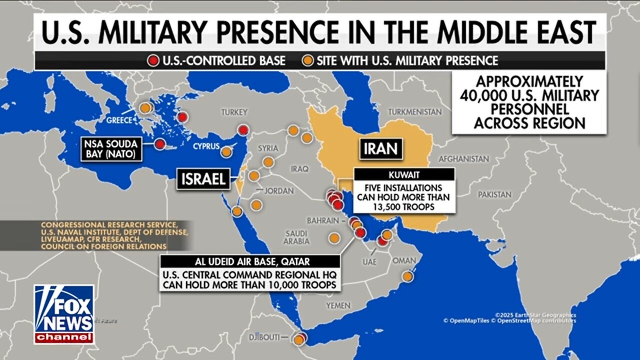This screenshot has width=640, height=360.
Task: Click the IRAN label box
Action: click(x=381, y=148)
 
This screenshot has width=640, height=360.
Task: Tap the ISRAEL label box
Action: click(x=203, y=179)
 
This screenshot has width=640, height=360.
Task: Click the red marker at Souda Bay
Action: click(x=160, y=144)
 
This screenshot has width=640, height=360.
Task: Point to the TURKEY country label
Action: click(x=234, y=113)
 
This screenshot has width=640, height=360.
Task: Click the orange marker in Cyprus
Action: click(x=226, y=152)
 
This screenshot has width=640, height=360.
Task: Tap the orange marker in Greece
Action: click(x=145, y=107)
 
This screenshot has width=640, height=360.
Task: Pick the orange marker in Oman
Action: click(x=408, y=275)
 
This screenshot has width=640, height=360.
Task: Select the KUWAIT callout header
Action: click(x=403, y=175)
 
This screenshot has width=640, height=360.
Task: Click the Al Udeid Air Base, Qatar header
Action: click(x=249, y=261)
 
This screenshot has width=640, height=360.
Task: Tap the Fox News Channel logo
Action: click(x=64, y=314)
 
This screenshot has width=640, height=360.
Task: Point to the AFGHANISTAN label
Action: click(x=463, y=159)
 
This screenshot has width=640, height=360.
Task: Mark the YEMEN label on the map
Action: click(x=338, y=305)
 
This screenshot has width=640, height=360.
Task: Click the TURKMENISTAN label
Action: click(x=415, y=111)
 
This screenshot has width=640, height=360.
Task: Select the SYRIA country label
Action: click(x=267, y=148)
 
